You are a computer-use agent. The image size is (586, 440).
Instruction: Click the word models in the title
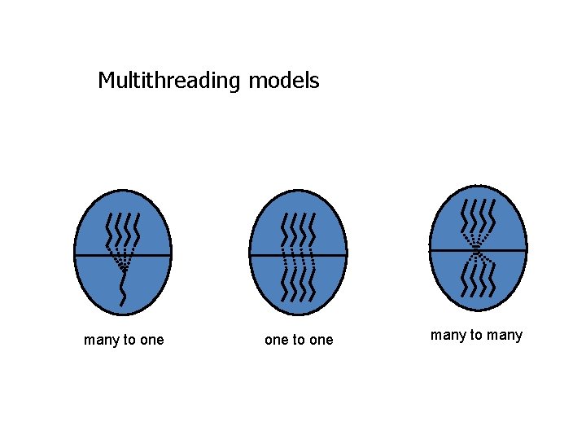tap(284, 81)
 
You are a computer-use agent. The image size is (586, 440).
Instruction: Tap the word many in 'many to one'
tap(101, 341)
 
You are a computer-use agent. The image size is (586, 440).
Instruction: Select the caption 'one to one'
tap(299, 340)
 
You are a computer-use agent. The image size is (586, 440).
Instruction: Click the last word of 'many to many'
tap(505, 335)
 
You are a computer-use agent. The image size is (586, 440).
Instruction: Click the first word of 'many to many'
tap(447, 335)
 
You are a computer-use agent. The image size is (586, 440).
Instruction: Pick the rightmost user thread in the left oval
tap(138, 231)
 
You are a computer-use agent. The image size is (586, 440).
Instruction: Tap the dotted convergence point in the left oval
tap(123, 266)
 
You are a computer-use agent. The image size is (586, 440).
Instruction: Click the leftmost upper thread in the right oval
tap(464, 216)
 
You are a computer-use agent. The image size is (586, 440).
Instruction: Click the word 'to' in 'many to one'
tap(129, 341)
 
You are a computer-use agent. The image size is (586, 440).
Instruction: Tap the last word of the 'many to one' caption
tap(151, 341)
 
